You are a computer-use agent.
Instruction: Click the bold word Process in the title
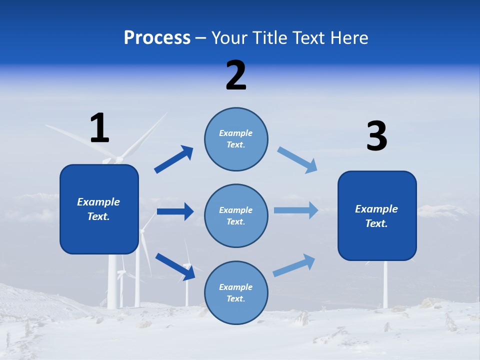point(157,38)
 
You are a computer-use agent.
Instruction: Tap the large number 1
point(99,128)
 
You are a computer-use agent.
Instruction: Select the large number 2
point(236,75)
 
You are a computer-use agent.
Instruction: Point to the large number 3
point(376,136)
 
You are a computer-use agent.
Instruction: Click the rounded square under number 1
point(99,209)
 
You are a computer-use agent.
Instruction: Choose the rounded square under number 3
point(377,216)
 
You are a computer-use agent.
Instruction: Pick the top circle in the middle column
point(236,139)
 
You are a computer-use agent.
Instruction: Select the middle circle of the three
point(236,215)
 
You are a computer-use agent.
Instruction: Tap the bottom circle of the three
point(236,292)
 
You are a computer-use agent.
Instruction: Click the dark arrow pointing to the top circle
point(173,159)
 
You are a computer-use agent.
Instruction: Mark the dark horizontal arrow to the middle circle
point(175,211)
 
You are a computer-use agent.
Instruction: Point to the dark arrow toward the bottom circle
point(175,266)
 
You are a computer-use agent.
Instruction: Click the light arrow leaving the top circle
point(297,160)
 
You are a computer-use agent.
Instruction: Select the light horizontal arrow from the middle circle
point(295,210)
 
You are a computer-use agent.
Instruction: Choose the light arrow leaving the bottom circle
point(294,265)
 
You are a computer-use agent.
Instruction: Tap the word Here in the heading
point(349,38)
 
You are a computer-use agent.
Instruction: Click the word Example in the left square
point(98,202)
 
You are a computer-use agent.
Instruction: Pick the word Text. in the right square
point(376,223)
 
